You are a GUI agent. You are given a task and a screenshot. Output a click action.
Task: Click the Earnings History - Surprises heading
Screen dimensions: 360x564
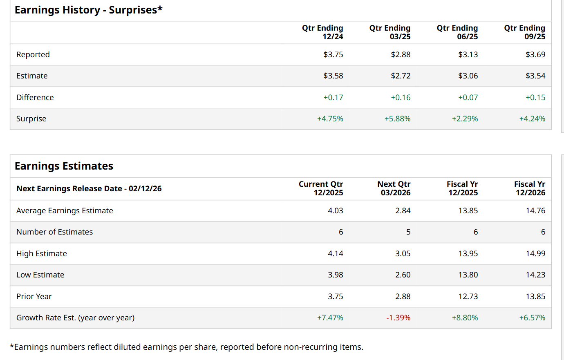[88, 10]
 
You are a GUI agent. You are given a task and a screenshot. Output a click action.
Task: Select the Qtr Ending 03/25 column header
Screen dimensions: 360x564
[390, 32]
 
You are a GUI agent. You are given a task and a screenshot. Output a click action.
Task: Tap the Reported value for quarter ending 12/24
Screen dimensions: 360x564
[333, 55]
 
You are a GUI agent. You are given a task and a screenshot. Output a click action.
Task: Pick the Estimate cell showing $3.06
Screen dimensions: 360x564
[468, 76]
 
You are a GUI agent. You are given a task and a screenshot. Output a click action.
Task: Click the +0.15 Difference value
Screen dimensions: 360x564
[535, 98]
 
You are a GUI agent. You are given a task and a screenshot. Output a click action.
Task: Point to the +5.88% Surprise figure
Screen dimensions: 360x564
[397, 119]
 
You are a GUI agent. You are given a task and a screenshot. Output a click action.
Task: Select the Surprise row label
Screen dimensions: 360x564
[31, 119]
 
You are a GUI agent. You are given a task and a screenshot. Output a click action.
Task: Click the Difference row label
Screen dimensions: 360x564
[35, 98]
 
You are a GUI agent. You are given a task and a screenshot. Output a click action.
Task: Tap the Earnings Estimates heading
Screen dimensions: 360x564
[64, 166]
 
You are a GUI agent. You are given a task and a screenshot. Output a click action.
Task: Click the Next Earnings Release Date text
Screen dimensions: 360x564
[89, 189]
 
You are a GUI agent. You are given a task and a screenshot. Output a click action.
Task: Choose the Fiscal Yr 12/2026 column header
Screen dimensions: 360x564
[530, 188]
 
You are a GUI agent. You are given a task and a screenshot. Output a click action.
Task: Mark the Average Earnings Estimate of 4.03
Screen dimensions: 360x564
[335, 211]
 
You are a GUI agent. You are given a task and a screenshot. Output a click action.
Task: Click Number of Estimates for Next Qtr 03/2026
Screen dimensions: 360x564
[408, 232]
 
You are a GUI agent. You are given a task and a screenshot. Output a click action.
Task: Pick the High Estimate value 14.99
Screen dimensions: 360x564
[535, 254]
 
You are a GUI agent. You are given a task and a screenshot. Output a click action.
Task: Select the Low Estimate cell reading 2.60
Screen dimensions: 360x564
[403, 275]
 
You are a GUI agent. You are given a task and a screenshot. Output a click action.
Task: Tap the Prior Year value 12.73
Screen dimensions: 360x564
[468, 297]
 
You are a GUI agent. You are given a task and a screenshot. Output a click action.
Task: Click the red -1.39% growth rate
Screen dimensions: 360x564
[398, 318]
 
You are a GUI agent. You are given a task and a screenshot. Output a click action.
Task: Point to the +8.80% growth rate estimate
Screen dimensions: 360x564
[465, 318]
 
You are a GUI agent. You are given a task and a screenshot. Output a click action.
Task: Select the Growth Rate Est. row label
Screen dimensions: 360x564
[75, 318]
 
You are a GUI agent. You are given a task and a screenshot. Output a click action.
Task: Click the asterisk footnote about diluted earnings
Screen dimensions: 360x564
[186, 347]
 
